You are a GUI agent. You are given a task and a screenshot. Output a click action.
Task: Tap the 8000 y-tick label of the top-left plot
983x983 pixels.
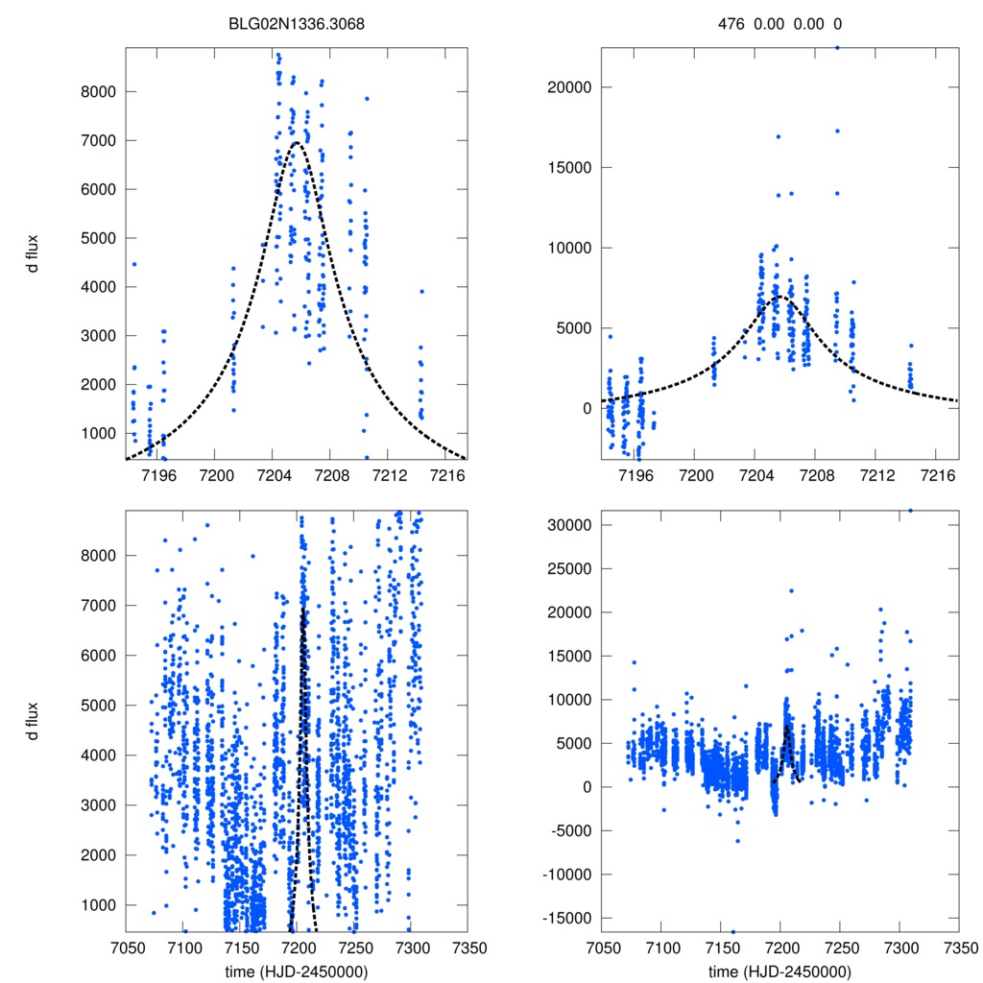click(x=99, y=92)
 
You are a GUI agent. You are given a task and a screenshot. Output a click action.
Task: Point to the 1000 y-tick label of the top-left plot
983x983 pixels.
click(x=99, y=433)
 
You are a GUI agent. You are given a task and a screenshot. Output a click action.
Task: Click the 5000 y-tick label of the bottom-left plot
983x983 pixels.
click(x=99, y=706)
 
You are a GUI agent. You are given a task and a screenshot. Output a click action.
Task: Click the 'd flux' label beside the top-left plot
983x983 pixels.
click(x=33, y=256)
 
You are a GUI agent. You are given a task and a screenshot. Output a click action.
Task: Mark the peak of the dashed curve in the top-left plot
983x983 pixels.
click(x=297, y=143)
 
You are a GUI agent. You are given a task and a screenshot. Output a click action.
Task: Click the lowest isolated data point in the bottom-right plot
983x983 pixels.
click(x=732, y=931)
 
